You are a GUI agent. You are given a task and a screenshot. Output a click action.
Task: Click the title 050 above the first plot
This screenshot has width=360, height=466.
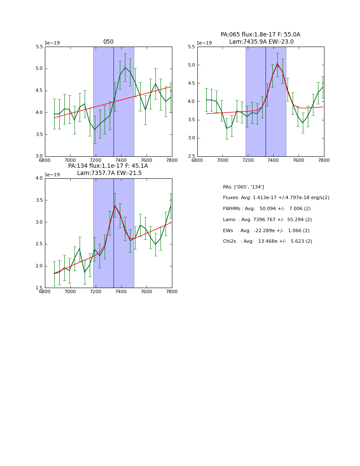[x=108, y=42]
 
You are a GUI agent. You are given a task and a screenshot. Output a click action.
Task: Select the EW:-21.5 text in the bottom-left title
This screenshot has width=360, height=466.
[x=128, y=173]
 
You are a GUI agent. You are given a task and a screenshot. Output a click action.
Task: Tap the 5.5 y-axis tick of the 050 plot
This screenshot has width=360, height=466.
[x=39, y=47]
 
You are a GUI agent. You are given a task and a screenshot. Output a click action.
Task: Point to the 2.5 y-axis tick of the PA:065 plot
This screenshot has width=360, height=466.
[x=191, y=156]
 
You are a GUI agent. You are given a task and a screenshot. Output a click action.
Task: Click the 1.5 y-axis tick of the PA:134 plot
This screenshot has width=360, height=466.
[x=39, y=288]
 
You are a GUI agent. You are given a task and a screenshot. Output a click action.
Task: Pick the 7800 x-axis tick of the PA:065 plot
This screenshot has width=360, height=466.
[x=324, y=160]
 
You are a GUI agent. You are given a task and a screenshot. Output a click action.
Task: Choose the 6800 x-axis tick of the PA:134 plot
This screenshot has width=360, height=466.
[x=45, y=291]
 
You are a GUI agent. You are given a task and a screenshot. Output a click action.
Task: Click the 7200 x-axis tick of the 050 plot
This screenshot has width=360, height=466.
[x=96, y=160]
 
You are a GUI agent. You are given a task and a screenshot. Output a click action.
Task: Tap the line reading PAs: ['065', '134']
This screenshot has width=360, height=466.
[x=243, y=187]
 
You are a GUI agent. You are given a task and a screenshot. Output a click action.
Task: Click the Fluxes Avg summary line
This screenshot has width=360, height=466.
[x=276, y=198]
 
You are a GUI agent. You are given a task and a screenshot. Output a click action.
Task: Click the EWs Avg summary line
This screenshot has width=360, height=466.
[x=266, y=230]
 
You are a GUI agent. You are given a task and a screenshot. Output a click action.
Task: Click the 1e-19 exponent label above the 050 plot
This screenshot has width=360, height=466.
[x=52, y=43]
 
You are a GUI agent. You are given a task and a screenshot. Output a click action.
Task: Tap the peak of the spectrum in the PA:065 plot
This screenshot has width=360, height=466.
[x=277, y=64]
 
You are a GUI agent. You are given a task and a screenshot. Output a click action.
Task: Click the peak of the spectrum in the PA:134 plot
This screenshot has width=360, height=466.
[x=115, y=205]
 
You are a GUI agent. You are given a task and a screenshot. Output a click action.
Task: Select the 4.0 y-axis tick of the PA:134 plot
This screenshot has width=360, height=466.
[x=39, y=178]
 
